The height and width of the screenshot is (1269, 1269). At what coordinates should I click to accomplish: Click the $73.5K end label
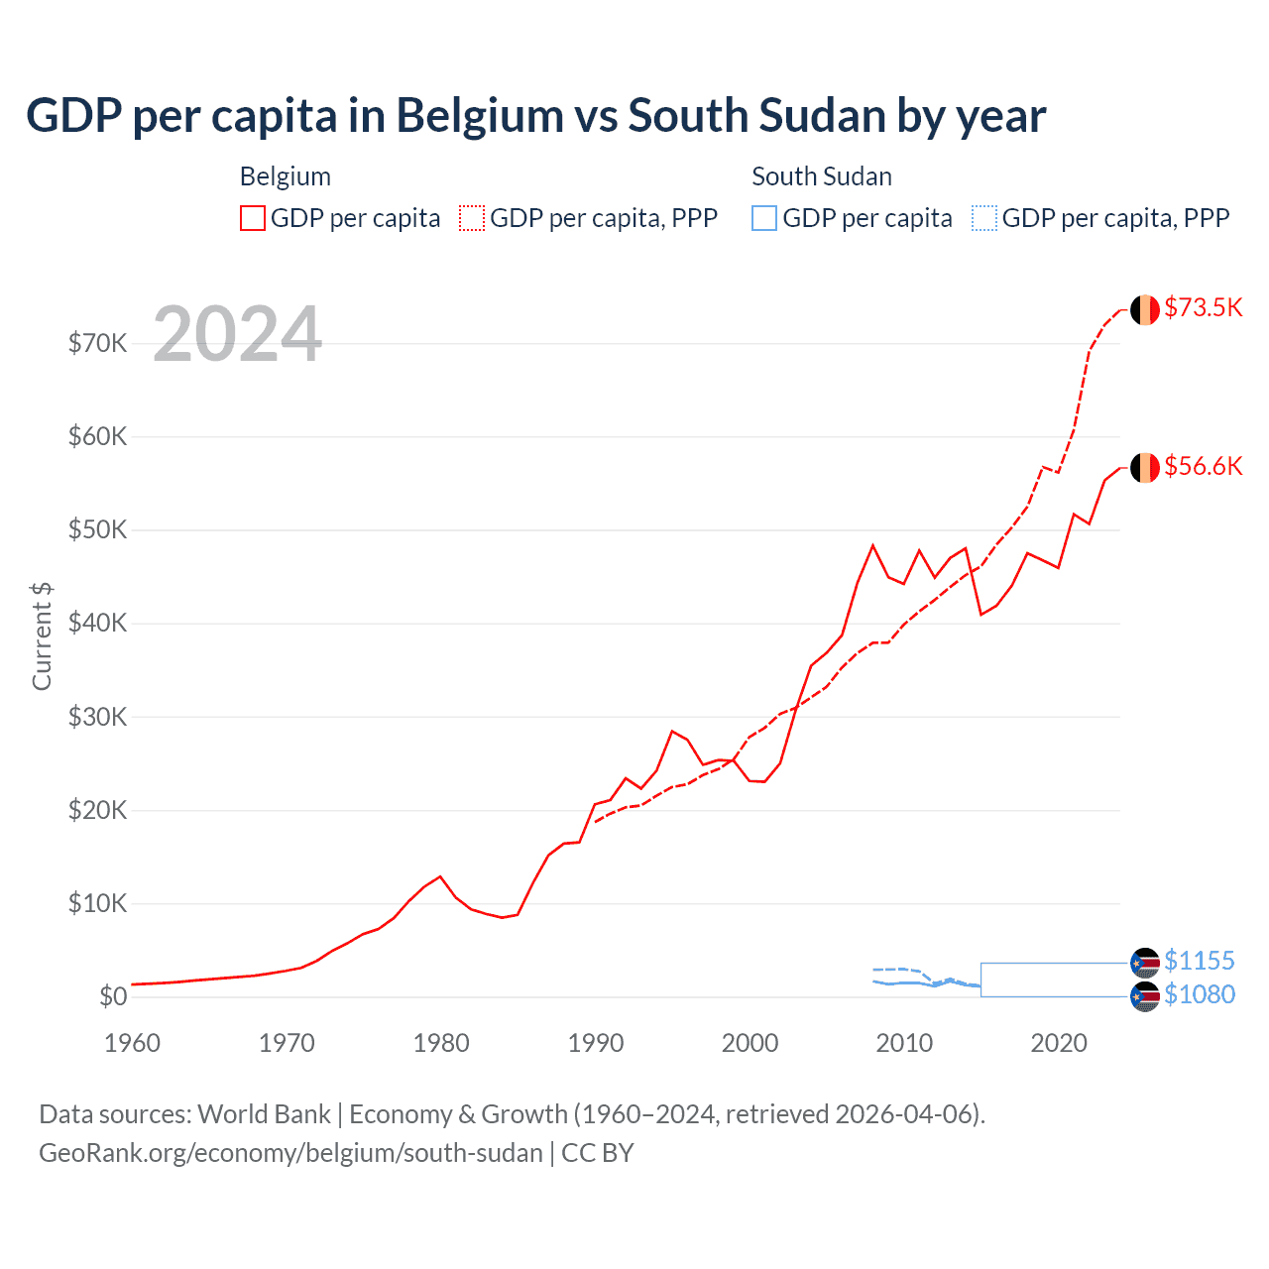pos(1203,307)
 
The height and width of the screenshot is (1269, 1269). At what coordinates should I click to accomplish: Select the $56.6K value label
pos(1203,466)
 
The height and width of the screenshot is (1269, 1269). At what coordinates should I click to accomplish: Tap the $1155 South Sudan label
pos(1199,961)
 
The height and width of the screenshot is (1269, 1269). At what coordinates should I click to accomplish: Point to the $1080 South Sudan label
pos(1199,994)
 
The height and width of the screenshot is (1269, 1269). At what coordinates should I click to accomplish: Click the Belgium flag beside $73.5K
pos(1145,309)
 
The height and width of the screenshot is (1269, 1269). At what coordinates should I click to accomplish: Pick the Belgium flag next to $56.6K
pos(1145,467)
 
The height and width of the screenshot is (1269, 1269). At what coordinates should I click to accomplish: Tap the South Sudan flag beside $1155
pos(1145,962)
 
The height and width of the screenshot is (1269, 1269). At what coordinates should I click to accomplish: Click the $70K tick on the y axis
pos(97,343)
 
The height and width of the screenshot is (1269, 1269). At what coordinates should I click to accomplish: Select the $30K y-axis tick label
pos(97,717)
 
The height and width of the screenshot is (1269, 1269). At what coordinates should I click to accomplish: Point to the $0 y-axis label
pos(113,996)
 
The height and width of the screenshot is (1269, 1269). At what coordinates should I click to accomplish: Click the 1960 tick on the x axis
pos(132,1043)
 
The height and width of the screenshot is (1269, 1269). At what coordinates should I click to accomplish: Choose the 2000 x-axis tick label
pos(750,1043)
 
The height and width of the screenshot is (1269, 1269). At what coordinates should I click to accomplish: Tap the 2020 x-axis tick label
pos(1059,1043)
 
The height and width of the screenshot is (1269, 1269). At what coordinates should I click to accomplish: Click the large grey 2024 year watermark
pos(238,334)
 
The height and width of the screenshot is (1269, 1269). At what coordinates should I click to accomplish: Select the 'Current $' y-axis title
pos(42,635)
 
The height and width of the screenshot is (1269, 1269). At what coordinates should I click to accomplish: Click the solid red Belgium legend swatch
pos(253,218)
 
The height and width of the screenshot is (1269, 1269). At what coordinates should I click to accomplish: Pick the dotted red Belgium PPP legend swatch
pos(472,218)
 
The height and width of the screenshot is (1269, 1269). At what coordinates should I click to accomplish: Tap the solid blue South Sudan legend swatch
pos(764,218)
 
